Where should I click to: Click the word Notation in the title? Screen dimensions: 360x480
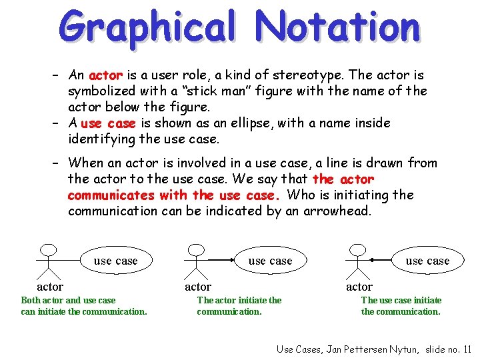pyautogui.click(x=338, y=27)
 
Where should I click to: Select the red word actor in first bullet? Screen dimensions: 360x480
pyautogui.click(x=105, y=75)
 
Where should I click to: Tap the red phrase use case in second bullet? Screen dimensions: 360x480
pyautogui.click(x=108, y=123)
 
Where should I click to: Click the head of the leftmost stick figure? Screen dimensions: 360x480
pyautogui.click(x=46, y=251)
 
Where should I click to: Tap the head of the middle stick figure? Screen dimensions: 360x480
pyautogui.click(x=194, y=251)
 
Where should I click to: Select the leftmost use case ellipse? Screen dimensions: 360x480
pyautogui.click(x=115, y=261)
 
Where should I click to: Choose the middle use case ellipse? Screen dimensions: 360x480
pyautogui.click(x=270, y=261)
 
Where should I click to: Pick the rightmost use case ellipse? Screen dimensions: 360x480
pyautogui.click(x=427, y=261)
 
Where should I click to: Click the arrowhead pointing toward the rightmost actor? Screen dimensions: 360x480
pyautogui.click(x=373, y=259)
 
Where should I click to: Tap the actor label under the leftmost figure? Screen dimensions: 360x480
pyautogui.click(x=50, y=287)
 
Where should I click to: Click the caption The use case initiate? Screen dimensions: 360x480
pyautogui.click(x=401, y=301)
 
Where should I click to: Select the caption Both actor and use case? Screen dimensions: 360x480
pyautogui.click(x=68, y=301)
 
